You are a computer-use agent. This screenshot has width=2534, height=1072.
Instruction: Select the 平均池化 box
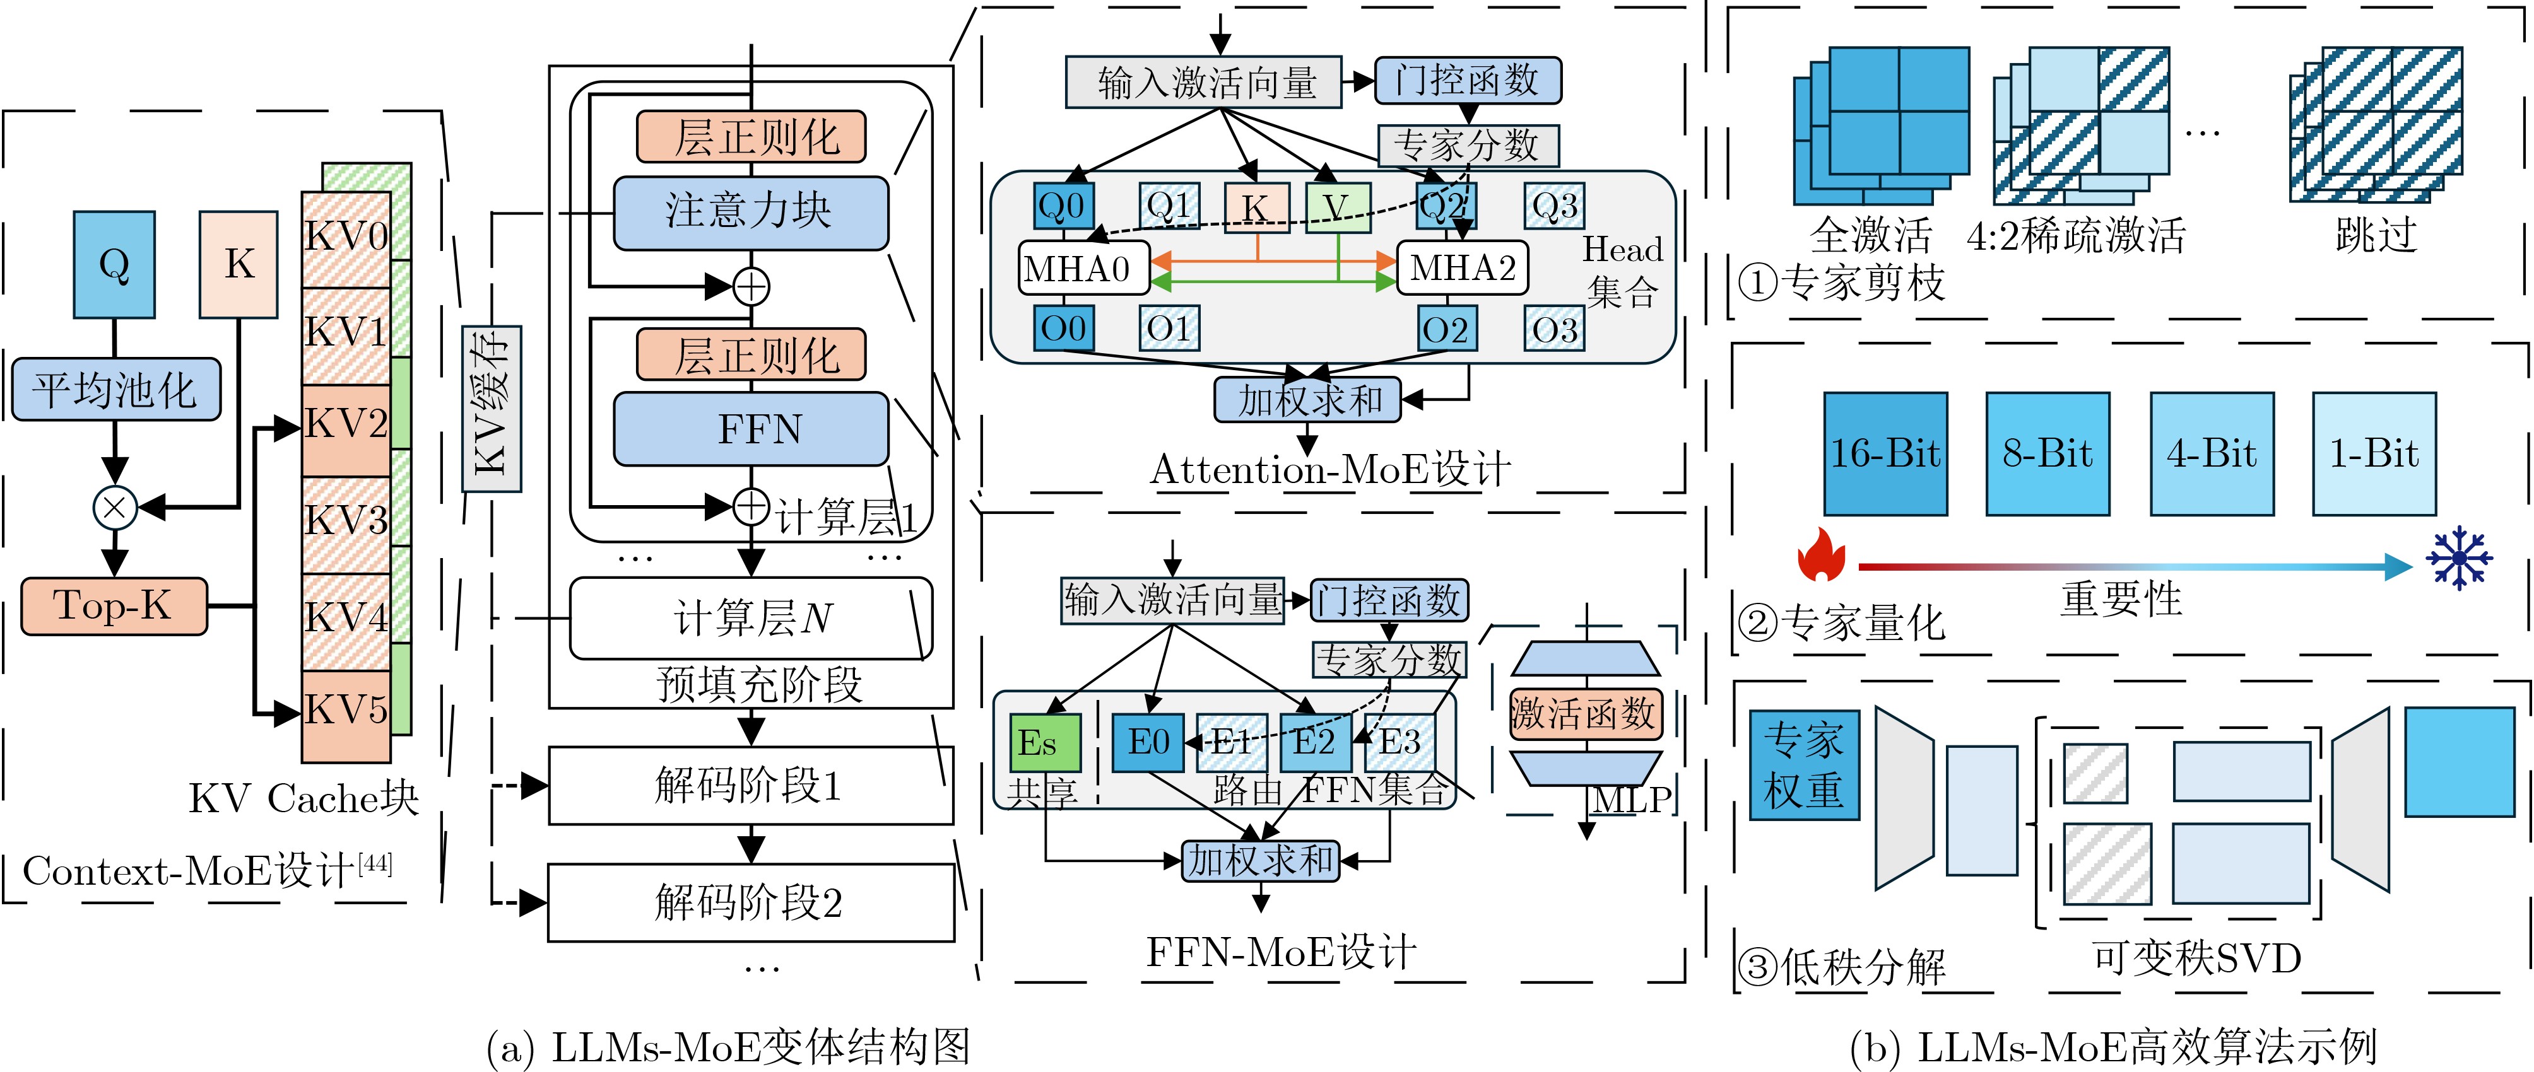pyautogui.click(x=115, y=390)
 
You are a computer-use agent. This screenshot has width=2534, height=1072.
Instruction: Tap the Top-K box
pyautogui.click(x=114, y=606)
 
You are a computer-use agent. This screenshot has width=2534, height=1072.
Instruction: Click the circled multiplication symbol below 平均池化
pyautogui.click(x=115, y=508)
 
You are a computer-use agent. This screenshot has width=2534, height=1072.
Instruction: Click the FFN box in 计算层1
pyautogui.click(x=751, y=429)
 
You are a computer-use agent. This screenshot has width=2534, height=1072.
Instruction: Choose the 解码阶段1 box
pyautogui.click(x=751, y=785)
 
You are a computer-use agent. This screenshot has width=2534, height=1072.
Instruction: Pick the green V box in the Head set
pyautogui.click(x=1338, y=207)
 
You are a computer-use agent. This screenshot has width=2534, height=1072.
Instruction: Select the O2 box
pyautogui.click(x=1444, y=329)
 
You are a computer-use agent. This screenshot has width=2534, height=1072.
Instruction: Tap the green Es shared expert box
pyautogui.click(x=1045, y=743)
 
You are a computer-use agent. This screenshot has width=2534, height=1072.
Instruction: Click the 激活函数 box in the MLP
pyautogui.click(x=1585, y=713)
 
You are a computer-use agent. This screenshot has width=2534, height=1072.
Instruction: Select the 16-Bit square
pyautogui.click(x=1885, y=453)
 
